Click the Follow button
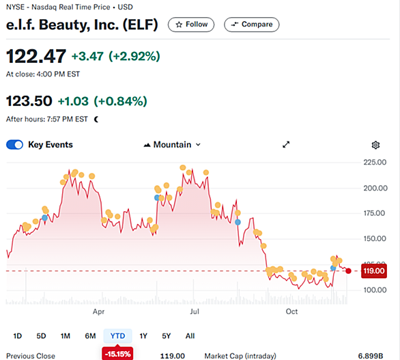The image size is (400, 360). [191, 25]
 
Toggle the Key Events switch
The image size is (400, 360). [14, 145]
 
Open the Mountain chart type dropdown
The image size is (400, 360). [172, 145]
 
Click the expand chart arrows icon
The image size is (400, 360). [286, 145]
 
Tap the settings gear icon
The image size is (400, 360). [375, 145]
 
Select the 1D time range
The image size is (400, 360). [17, 335]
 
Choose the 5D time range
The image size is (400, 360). [41, 335]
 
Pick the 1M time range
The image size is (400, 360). [66, 335]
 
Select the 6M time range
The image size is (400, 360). [90, 335]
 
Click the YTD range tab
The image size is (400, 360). [117, 335]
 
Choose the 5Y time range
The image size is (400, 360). [167, 335]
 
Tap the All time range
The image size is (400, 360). [190, 335]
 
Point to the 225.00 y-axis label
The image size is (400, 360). [375, 162]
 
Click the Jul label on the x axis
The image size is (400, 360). [195, 311]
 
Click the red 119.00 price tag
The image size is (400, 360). [374, 271]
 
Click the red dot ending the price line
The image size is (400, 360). [348, 271]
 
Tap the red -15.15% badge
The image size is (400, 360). [117, 354]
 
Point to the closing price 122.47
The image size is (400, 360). [36, 56]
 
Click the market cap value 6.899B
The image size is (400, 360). [371, 356]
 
